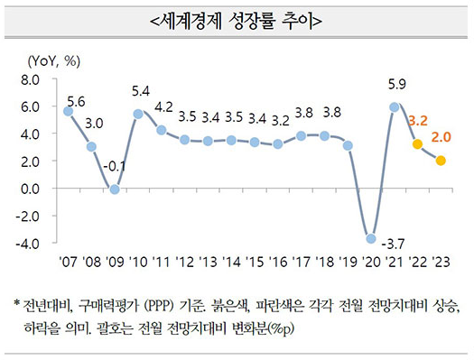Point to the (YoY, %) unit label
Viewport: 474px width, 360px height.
55,61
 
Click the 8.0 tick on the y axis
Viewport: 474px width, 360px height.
28,80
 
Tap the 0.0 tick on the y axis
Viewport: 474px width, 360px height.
28,189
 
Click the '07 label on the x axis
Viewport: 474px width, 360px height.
68,262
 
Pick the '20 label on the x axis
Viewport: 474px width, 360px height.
371,262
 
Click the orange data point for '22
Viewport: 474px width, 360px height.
417,144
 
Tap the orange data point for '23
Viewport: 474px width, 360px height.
441,161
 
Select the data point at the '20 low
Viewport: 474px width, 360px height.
371,238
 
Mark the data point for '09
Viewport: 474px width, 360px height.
115,189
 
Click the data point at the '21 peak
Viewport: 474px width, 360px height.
395,107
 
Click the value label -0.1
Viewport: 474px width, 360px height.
115,167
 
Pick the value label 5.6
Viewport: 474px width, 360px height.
76,100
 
